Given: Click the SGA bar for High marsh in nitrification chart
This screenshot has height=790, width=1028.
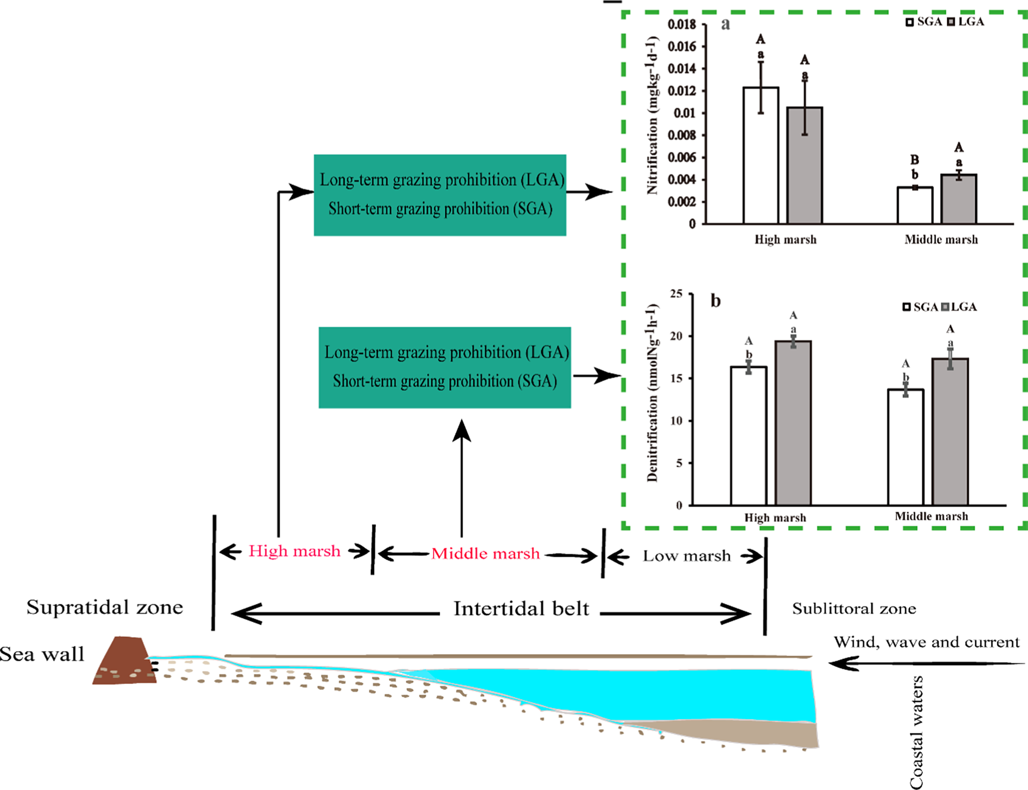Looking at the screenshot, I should point(761,155).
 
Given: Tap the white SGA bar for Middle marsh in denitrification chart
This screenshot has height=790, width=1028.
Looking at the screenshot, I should point(905,447).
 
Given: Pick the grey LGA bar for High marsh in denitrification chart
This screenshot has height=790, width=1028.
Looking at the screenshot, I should point(793,423).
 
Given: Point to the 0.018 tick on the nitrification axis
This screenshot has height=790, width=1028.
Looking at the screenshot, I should point(682,25).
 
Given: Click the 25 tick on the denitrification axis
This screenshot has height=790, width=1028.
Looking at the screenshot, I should point(676,294).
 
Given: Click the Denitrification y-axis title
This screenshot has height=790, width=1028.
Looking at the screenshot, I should point(652,393).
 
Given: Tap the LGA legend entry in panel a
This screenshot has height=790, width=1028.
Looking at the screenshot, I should point(966,21).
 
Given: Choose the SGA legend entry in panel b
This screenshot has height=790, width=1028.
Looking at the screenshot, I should point(920,307).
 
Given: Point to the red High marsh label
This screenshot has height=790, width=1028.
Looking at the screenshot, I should point(295,551).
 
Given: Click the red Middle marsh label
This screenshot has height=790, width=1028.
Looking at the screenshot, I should point(485,553).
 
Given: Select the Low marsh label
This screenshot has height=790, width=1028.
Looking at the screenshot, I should point(687,556).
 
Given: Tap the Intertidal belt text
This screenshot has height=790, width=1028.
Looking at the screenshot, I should point(521,608).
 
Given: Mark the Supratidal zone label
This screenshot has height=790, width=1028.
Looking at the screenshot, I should point(104,607).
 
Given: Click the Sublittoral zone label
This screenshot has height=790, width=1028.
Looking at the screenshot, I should point(854,608).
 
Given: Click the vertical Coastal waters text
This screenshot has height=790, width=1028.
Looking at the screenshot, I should point(916,731).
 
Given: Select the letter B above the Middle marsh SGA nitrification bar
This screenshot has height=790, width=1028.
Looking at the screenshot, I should point(915,160).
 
